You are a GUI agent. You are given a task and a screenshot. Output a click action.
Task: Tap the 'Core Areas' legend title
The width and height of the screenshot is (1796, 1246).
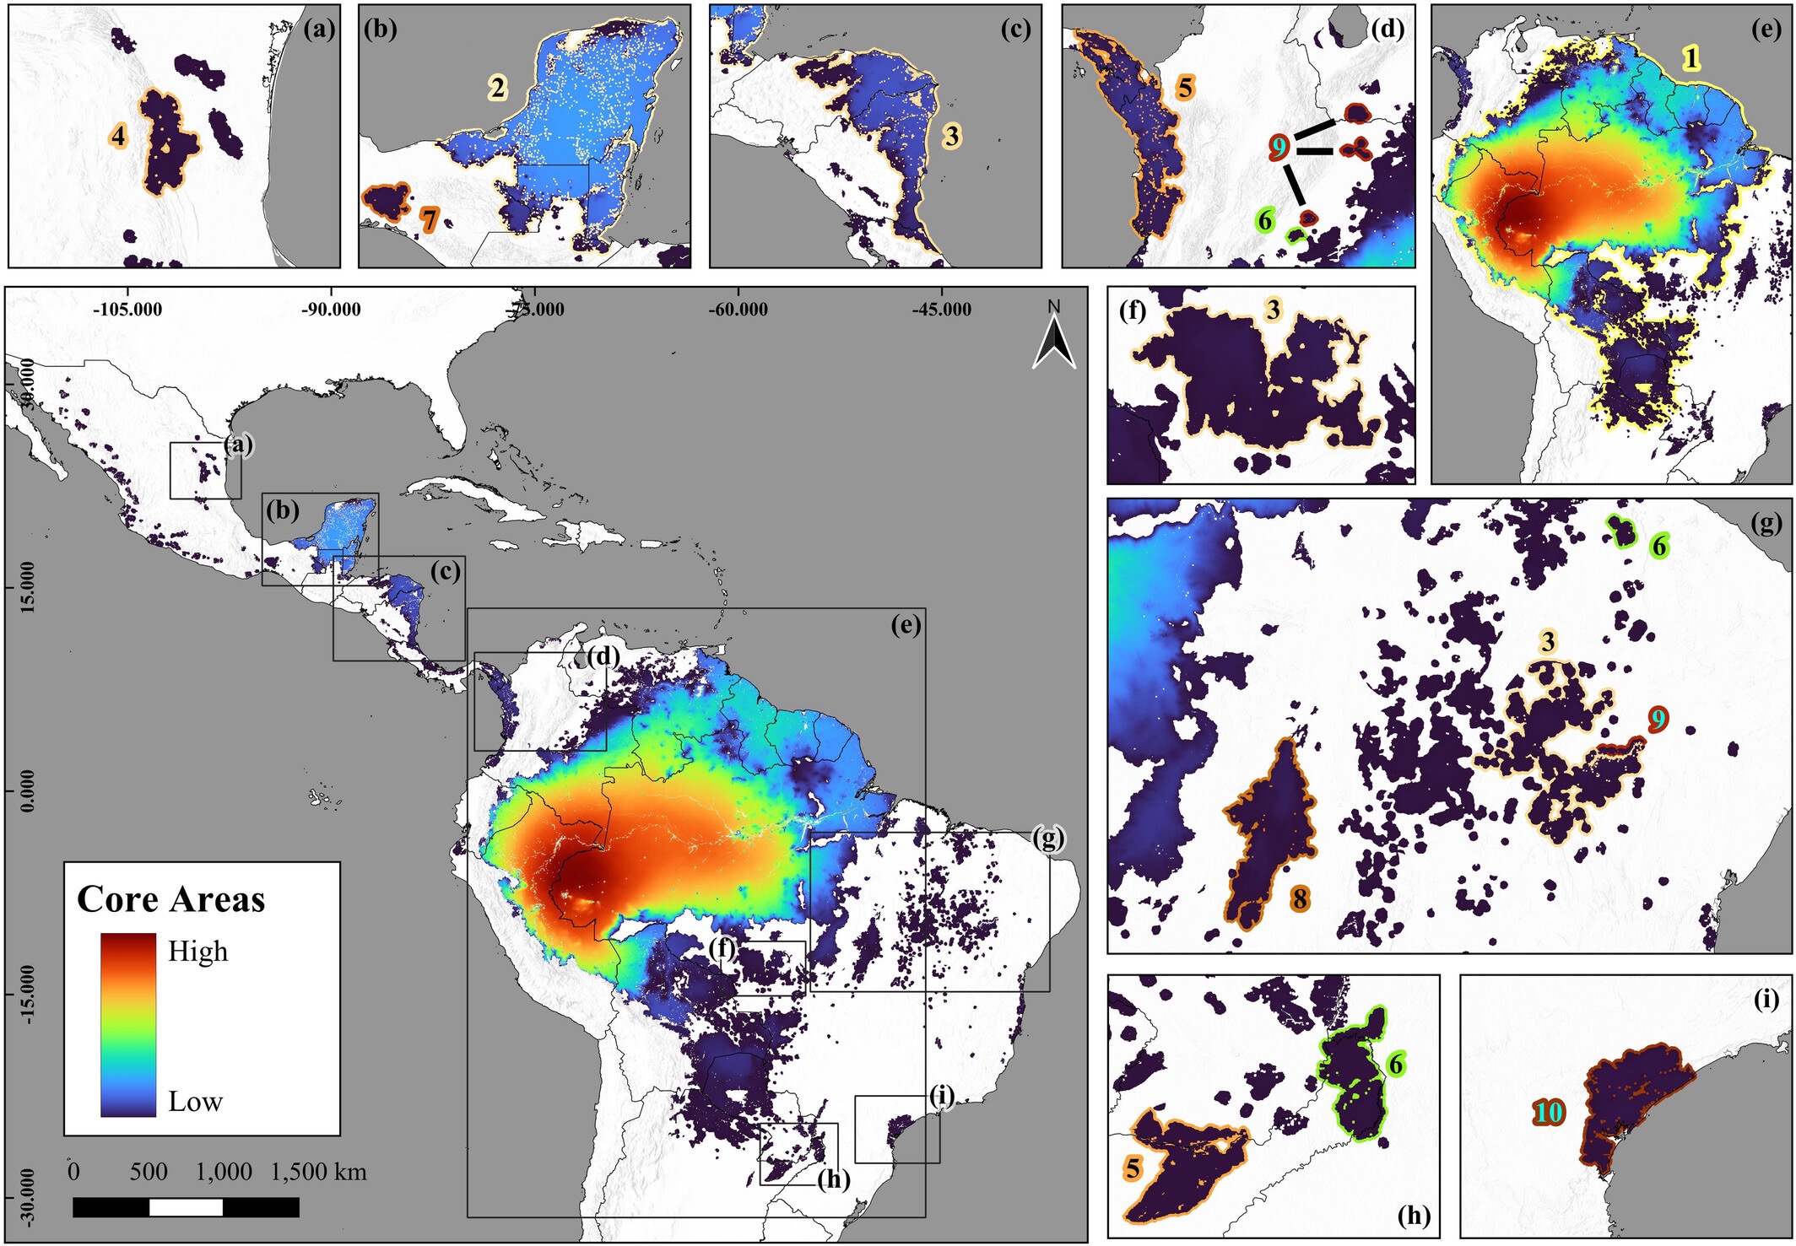pyautogui.click(x=171, y=899)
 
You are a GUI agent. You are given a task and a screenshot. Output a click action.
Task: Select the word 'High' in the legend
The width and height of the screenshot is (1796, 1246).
pyautogui.click(x=197, y=952)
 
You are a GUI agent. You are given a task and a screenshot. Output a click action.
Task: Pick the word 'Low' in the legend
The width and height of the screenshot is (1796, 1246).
pyautogui.click(x=195, y=1102)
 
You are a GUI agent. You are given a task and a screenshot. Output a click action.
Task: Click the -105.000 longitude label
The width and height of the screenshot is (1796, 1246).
pyautogui.click(x=127, y=310)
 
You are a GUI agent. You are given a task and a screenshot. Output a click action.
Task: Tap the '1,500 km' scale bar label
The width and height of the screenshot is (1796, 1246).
pyautogui.click(x=319, y=1172)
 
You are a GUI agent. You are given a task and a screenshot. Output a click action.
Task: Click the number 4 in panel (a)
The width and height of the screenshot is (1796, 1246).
pyautogui.click(x=118, y=136)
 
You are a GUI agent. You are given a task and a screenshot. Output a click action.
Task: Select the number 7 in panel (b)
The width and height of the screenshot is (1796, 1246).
pyautogui.click(x=430, y=220)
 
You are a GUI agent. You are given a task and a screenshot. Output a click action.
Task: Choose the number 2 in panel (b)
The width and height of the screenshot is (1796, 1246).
pyautogui.click(x=498, y=87)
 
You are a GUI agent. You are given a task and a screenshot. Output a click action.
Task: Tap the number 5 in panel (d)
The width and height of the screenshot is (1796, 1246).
pyautogui.click(x=1186, y=87)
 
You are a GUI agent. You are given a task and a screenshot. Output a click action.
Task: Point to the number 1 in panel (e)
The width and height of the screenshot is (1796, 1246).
pyautogui.click(x=1691, y=57)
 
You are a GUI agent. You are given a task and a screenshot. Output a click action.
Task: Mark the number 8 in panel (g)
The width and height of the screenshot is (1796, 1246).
pyautogui.click(x=1300, y=899)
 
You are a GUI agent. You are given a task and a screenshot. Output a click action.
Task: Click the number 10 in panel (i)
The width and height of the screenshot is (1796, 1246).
pyautogui.click(x=1549, y=1114)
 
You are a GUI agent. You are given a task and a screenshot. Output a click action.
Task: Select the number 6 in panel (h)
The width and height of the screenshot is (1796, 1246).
pyautogui.click(x=1396, y=1065)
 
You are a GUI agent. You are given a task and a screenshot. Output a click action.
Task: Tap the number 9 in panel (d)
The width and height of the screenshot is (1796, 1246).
pyautogui.click(x=1279, y=148)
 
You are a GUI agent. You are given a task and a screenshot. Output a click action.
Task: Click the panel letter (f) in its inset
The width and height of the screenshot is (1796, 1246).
pyautogui.click(x=1133, y=311)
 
